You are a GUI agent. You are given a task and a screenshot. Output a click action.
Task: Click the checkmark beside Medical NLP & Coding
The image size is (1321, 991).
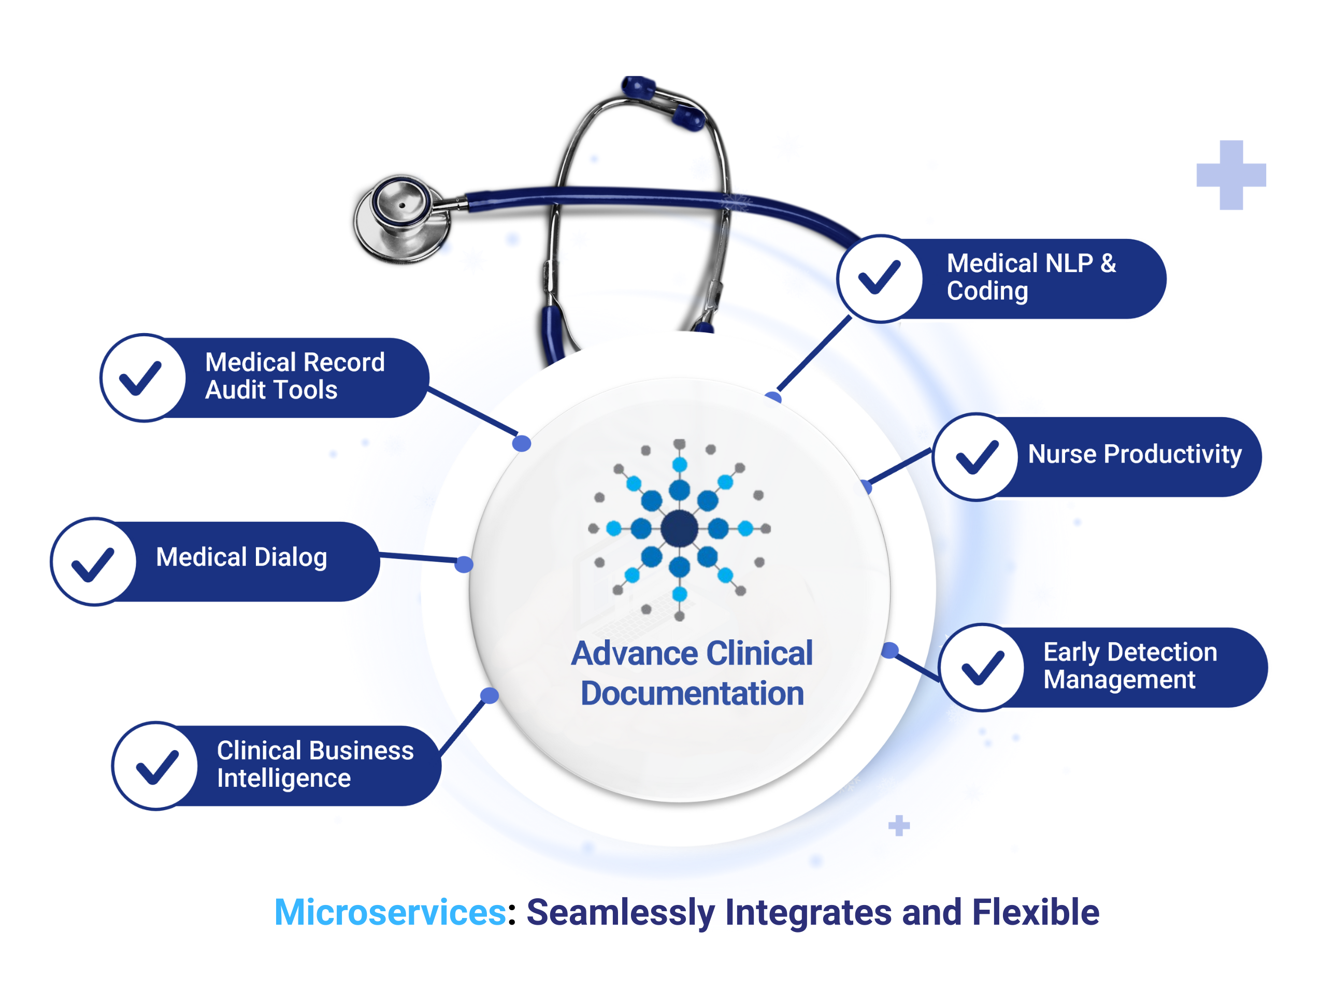coord(879,278)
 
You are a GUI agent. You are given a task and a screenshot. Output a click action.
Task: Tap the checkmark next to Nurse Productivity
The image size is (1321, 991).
coord(977,457)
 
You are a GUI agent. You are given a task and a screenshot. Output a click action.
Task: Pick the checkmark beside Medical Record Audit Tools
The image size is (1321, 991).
coord(141,378)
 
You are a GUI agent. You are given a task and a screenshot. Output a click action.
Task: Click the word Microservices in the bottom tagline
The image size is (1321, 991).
coord(390,912)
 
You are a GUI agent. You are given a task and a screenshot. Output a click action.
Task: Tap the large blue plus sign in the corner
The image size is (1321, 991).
coord(1231,175)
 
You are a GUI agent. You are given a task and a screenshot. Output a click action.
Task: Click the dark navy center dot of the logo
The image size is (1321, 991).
coord(679,528)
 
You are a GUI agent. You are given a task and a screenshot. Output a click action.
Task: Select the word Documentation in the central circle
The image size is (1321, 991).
coord(692,694)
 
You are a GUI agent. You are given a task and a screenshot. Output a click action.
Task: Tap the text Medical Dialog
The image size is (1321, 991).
coord(241,557)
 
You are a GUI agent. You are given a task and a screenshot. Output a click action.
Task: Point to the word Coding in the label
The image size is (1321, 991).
coord(987,292)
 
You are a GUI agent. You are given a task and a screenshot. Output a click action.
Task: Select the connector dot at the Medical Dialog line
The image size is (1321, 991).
coord(464,564)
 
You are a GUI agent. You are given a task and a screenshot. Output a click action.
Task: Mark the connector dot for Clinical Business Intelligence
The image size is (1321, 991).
coord(489,695)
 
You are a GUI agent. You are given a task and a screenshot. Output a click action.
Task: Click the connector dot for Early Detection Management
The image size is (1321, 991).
coord(890,650)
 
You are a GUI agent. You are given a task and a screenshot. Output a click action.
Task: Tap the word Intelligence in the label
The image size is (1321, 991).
coord(284,778)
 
